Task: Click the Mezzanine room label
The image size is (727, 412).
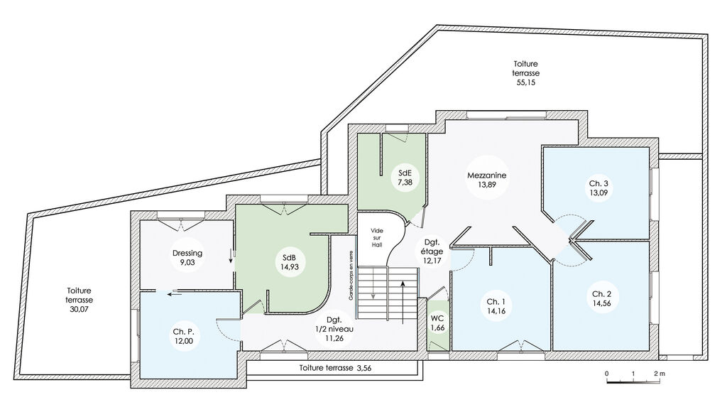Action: pos(486,175)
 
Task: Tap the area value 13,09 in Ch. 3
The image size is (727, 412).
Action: pos(598,193)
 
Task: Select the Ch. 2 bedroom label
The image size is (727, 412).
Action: pos(601,294)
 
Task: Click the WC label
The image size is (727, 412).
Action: pos(437,318)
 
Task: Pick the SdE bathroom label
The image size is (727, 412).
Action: pos(405,173)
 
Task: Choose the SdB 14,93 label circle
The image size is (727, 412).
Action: pos(289,263)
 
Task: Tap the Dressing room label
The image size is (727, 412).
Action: pos(187,254)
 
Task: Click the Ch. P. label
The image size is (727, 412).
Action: pos(183,332)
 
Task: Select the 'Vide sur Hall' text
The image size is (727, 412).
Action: pos(377,237)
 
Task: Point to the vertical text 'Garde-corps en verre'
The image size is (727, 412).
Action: pos(351,275)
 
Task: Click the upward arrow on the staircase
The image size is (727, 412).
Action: pos(403,302)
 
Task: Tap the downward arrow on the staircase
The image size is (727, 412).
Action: pos(373,283)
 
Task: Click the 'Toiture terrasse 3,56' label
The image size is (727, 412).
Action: pos(335,369)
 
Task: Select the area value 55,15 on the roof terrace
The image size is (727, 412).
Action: pos(526,82)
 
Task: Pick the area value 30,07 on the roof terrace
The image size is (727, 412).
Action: pos(79,309)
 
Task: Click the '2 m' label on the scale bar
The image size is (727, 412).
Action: pos(660,374)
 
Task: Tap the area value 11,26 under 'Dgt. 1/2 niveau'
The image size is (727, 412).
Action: pos(334,338)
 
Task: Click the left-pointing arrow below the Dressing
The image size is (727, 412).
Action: pos(175,293)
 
